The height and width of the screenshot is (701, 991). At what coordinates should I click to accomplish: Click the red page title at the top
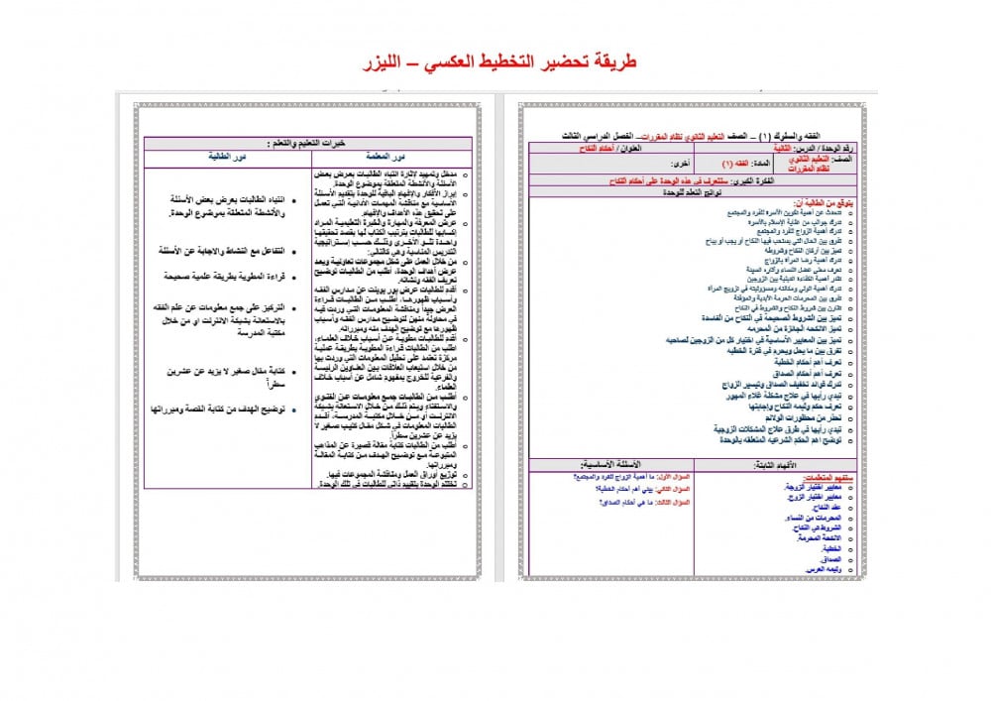pyautogui.click(x=495, y=62)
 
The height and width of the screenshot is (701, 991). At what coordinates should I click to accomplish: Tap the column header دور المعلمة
pyautogui.click(x=392, y=157)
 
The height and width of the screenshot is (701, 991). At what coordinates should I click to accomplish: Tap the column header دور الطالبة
pyautogui.click(x=227, y=157)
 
